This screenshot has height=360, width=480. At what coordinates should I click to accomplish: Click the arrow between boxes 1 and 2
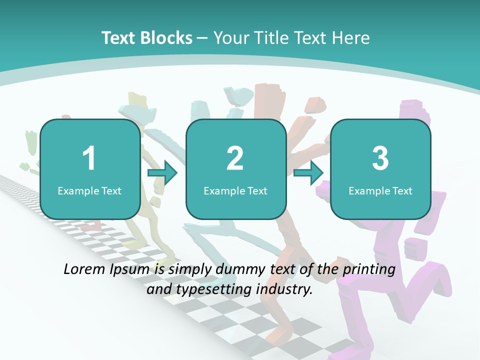[163, 173]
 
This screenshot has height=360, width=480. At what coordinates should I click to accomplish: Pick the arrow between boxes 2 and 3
[308, 173]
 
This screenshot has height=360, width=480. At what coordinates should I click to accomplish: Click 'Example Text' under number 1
[89, 190]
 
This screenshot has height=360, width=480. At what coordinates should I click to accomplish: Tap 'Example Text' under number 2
[235, 190]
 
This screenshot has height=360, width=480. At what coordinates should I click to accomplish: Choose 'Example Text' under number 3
[380, 190]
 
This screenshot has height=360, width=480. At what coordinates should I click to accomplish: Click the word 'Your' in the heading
[230, 38]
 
